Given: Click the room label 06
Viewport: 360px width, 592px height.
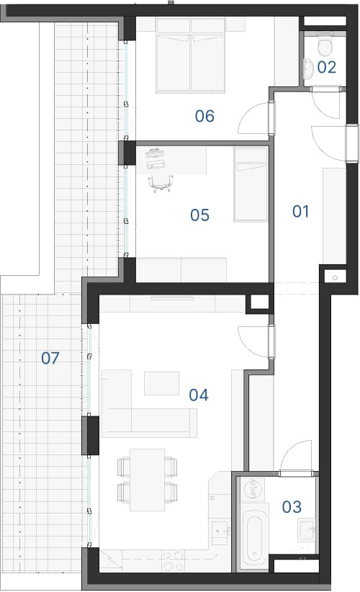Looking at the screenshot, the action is (x=204, y=116).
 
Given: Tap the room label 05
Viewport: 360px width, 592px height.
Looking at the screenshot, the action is (x=199, y=215).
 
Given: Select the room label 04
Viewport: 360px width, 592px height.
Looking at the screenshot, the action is (x=199, y=395).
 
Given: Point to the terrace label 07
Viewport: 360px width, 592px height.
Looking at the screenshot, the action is (x=50, y=358).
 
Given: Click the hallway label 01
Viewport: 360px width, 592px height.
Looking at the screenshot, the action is (x=300, y=212).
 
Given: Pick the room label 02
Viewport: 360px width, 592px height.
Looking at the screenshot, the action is (x=326, y=67).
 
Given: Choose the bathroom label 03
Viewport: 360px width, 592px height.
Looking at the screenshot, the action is (x=292, y=507).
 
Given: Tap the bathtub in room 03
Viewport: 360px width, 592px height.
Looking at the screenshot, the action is (x=254, y=537).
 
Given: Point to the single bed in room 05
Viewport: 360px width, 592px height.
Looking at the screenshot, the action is (x=251, y=184).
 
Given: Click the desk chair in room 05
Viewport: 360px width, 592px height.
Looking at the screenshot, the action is (x=161, y=183).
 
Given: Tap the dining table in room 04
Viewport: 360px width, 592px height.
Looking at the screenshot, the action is (x=147, y=480).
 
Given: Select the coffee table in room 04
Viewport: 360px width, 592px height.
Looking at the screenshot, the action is (x=161, y=383).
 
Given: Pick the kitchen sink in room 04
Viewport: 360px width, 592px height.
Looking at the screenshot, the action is (x=220, y=532).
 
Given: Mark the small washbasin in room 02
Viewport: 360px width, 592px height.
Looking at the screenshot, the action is (x=309, y=68).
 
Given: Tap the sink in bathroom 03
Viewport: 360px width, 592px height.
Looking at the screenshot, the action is (x=307, y=530).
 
